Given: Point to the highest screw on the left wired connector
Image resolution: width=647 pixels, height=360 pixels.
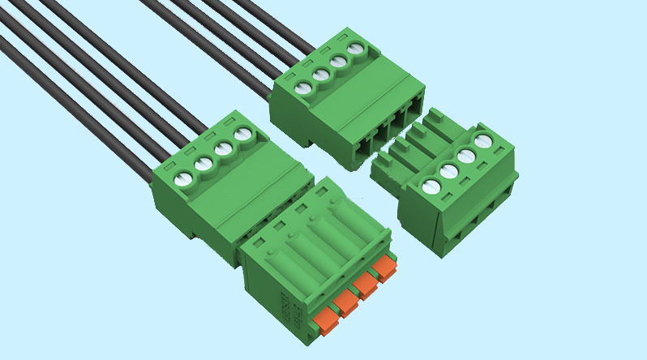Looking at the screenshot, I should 242,135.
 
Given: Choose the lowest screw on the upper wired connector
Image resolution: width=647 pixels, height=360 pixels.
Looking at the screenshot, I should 302,88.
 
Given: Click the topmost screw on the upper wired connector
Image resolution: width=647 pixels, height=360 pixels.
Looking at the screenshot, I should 355,49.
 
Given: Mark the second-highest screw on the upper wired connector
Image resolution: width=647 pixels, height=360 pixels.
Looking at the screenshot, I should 338,62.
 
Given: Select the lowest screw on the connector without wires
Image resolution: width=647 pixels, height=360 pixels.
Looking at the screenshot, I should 431,188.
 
